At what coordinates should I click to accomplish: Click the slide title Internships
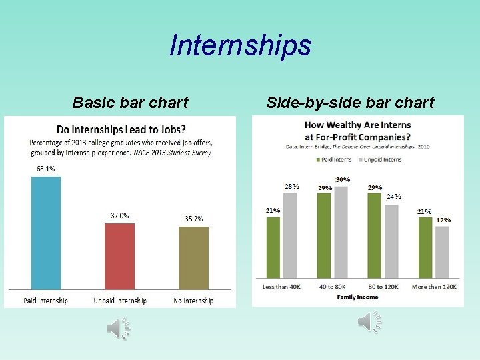point(240,45)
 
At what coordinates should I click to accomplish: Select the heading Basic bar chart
point(130,103)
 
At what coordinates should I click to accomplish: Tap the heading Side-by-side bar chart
point(350,103)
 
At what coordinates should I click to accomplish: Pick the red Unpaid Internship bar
point(119,256)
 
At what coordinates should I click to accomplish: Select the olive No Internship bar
point(193,257)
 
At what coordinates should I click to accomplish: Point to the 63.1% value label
point(46,169)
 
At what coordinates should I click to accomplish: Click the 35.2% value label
point(193,219)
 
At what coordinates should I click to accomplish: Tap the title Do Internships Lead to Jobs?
point(121,129)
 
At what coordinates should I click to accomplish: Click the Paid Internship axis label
point(46,301)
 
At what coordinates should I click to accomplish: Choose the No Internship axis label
point(193,301)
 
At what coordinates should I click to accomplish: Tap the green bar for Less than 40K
point(273,248)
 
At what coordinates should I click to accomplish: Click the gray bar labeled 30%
point(341,233)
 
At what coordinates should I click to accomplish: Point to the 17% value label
point(443,219)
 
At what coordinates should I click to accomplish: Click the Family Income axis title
point(357,297)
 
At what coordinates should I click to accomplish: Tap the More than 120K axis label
point(433,287)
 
